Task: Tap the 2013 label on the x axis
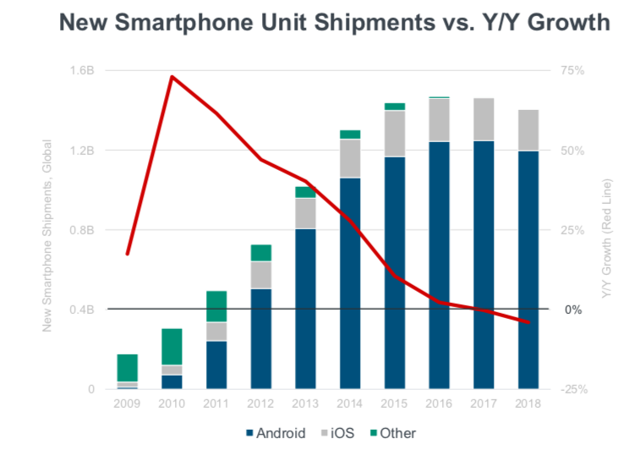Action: pos(305,403)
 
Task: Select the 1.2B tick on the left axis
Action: pos(82,151)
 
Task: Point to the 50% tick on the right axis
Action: pos(572,151)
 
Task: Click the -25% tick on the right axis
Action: pos(574,389)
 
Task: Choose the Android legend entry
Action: pos(276,434)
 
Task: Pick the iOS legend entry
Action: pos(338,434)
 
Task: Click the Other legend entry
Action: pos(393,434)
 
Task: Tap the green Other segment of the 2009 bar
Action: pos(127,368)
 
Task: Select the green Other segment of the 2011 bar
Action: pos(216,306)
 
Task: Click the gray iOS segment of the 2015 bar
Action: pos(395,134)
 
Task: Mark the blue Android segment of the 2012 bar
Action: pos(261,339)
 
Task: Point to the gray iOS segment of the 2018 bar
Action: pos(528,130)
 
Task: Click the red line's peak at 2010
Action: pos(172,76)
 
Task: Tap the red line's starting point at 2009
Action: pos(128,254)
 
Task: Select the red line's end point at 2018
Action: pos(528,322)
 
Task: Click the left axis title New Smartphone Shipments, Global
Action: pos(47,236)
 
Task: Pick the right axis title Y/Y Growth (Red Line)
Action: pos(606,239)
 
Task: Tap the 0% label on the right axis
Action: pos(573,310)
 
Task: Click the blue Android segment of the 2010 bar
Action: pos(172,381)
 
